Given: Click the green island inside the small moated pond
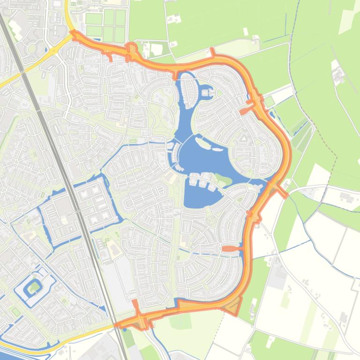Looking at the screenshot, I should tap(34, 286).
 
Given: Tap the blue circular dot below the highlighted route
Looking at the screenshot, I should tap(125, 330).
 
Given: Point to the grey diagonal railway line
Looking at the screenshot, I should tap(70, 187).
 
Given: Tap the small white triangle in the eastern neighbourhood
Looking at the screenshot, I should tap(243, 138).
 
